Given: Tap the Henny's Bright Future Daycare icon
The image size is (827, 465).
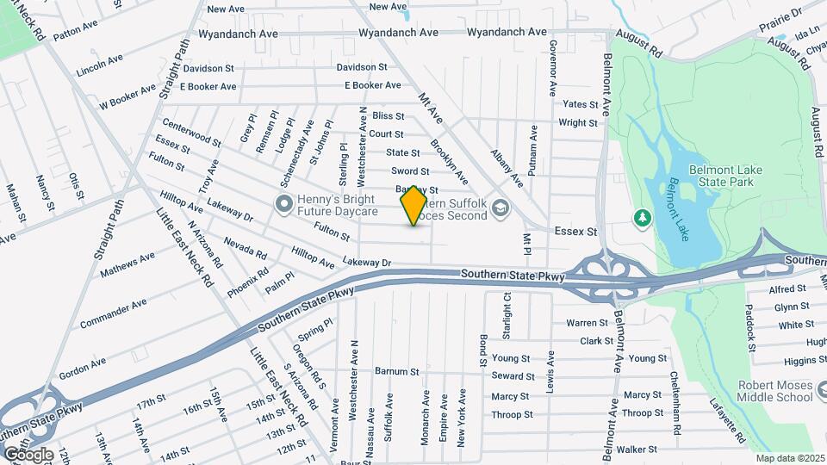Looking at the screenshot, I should (283, 204).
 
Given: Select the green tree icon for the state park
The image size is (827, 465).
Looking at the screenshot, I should (641, 217).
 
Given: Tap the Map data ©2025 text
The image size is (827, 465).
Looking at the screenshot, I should (790, 458).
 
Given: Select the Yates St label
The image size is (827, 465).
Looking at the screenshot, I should (580, 104).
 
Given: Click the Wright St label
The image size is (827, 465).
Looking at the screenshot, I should (578, 122).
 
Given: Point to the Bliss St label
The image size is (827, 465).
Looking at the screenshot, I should (389, 115).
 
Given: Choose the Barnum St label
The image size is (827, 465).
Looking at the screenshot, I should (396, 372).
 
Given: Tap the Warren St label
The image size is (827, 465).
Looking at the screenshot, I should (587, 323).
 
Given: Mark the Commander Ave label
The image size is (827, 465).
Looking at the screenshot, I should (113, 314).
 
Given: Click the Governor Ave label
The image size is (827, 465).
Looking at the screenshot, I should (552, 67).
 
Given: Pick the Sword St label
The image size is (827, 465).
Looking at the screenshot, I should (410, 171).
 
